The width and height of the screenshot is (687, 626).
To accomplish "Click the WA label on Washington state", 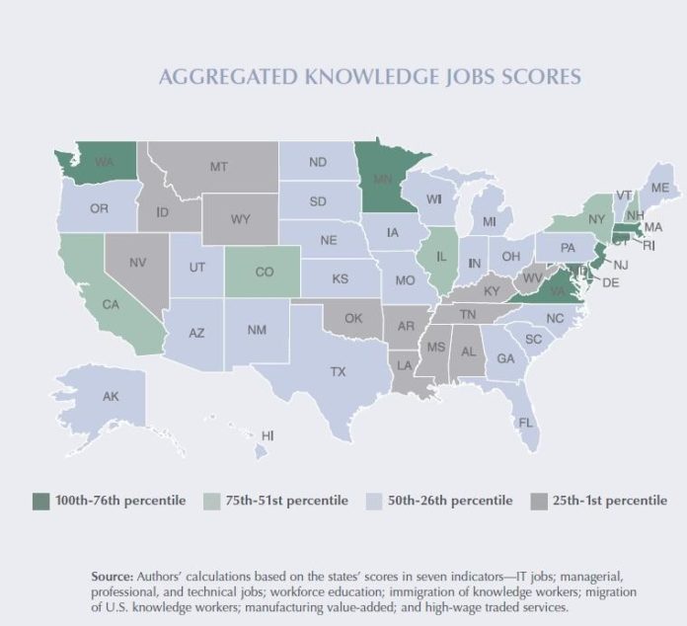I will click(x=103, y=160).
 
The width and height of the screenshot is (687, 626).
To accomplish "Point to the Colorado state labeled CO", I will click(x=264, y=272).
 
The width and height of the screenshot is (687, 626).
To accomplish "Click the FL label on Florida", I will click(x=526, y=422).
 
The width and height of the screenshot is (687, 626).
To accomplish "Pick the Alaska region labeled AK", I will click(x=111, y=396).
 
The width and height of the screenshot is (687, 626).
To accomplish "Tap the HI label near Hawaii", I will click(x=267, y=434).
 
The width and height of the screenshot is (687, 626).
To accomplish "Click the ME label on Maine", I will click(x=660, y=188).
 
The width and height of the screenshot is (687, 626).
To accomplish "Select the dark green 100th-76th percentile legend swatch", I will click(x=40, y=501).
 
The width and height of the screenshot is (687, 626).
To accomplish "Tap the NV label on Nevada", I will click(x=138, y=263).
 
